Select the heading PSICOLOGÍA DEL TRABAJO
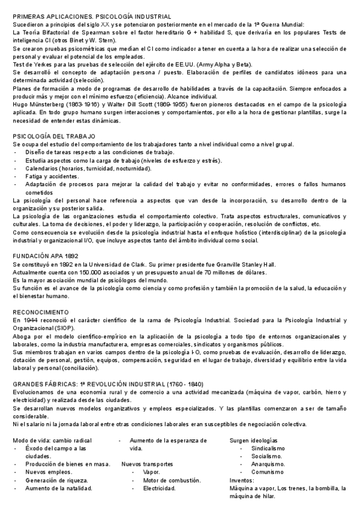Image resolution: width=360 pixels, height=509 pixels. click(x=53, y=137)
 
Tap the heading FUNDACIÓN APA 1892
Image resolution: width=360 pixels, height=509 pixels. click(x=46, y=255)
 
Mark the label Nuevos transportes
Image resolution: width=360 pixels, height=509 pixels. click(x=147, y=464)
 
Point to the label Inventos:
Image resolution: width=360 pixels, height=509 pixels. click(x=242, y=480)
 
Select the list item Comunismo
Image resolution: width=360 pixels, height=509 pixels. click(x=268, y=472)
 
